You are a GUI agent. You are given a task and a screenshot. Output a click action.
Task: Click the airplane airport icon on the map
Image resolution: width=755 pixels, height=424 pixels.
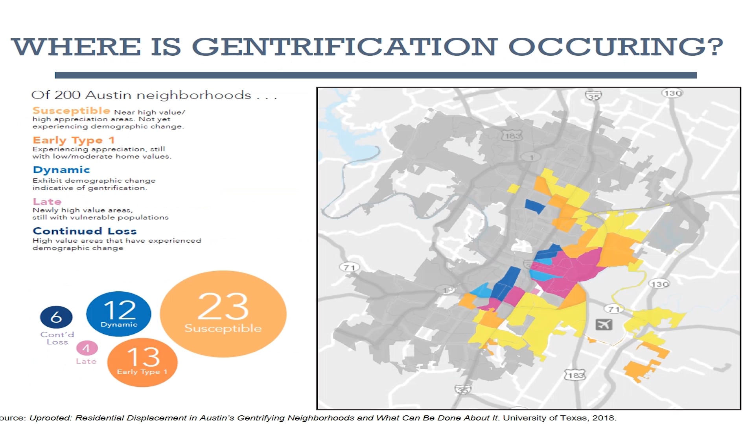604,325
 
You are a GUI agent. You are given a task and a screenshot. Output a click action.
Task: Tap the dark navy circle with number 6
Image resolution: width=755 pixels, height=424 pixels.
56,317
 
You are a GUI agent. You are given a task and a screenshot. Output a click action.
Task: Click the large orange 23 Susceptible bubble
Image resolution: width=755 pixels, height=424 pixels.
223,314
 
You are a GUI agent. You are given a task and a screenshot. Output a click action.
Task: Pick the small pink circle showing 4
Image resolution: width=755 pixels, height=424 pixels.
87,348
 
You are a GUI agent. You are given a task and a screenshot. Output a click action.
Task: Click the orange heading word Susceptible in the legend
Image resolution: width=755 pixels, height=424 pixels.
71,111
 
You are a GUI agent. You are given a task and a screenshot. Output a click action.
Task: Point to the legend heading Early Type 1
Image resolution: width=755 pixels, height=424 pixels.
74,140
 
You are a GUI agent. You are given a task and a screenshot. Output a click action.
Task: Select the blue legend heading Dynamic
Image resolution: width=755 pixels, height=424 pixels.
61,170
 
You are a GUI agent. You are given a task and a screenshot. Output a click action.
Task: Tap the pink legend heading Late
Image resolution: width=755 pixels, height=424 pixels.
47,201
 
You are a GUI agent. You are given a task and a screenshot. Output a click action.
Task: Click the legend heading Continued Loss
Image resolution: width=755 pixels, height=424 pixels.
85,231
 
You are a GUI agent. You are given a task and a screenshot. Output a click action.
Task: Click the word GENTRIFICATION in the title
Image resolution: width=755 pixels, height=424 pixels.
344,46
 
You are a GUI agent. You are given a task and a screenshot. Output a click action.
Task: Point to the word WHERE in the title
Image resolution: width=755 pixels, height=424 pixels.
76,46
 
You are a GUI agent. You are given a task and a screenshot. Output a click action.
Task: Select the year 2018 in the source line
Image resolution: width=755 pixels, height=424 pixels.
604,418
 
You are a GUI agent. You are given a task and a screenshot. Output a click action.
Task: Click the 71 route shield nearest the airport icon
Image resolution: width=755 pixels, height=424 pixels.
614,309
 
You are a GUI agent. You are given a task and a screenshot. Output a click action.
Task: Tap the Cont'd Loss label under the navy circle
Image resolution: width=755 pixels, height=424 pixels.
57,338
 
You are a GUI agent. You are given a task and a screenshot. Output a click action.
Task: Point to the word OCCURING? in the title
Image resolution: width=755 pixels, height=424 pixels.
615,46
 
